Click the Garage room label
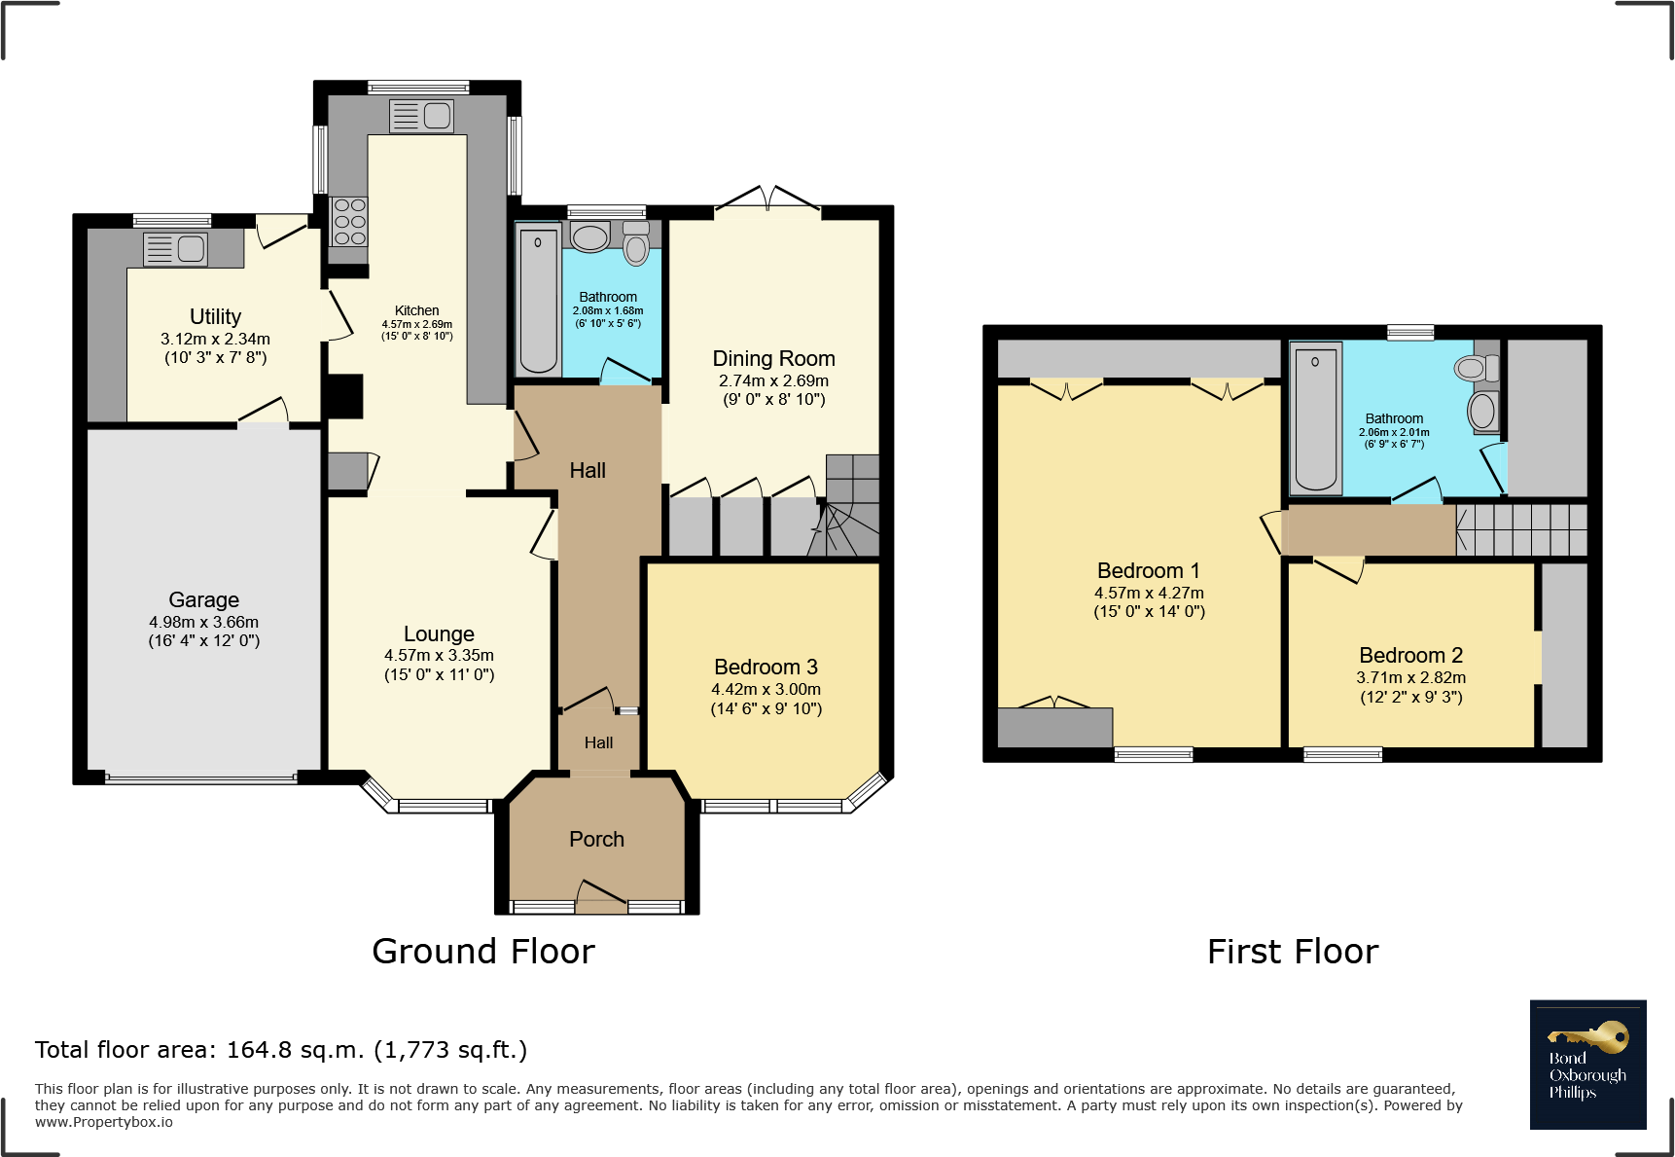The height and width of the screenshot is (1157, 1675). click(x=203, y=599)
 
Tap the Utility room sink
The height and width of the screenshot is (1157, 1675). click(x=176, y=249)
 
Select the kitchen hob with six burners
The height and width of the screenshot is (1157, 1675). click(x=349, y=222)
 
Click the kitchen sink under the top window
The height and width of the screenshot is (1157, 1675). click(x=421, y=116)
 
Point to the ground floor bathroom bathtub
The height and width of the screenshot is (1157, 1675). click(x=538, y=300)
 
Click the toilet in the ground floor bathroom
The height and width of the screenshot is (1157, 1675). click(x=636, y=242)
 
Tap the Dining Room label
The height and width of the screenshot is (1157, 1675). click(x=773, y=359)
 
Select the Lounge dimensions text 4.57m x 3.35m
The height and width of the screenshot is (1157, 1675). click(x=439, y=656)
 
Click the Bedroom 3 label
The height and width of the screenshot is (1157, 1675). click(x=766, y=667)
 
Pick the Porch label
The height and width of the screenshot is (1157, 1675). click(x=596, y=839)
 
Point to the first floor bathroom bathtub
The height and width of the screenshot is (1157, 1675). click(x=1316, y=418)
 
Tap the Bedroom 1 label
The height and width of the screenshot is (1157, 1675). click(x=1148, y=570)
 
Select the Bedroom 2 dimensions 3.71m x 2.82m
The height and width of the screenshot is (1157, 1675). click(x=1410, y=677)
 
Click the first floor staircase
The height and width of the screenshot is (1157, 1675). click(x=1521, y=529)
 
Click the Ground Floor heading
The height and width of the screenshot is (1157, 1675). click(x=483, y=952)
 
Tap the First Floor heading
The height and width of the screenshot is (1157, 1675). click(x=1293, y=952)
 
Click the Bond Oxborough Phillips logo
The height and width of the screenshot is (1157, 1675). click(x=1587, y=1065)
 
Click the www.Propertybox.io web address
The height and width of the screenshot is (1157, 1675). click(x=104, y=1122)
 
